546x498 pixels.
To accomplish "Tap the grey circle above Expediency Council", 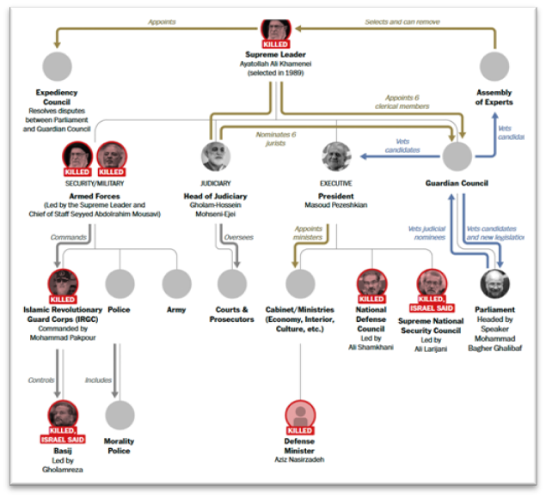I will click(58, 66).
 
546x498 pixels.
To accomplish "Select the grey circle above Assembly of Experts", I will click(494, 66).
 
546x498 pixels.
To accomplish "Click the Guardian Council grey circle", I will click(457, 156).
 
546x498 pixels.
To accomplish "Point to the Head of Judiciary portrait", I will click(216, 156).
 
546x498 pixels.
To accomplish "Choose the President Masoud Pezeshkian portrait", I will click(336, 156).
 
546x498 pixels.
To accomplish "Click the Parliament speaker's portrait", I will click(494, 283).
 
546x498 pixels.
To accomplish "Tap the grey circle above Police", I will click(120, 283).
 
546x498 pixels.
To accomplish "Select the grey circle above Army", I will click(177, 283).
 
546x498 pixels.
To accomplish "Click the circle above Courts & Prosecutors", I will click(231, 283).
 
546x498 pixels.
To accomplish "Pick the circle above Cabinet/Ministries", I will click(300, 283).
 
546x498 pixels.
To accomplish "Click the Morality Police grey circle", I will click(120, 414).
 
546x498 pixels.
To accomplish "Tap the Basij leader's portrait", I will click(63, 414).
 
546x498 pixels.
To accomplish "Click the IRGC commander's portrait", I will click(63, 283).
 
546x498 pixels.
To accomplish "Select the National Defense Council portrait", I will click(371, 283).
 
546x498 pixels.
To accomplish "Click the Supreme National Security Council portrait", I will click(431, 283).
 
